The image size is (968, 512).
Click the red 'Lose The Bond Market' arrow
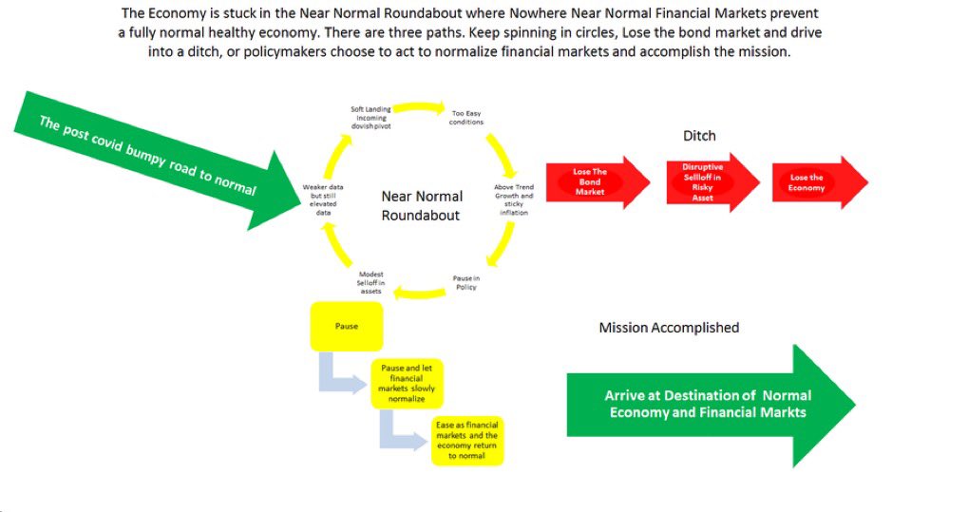coord(590,180)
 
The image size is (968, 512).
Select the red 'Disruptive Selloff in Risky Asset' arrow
coord(703,182)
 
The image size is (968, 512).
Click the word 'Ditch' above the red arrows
coord(699,136)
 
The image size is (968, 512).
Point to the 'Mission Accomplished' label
coord(669,328)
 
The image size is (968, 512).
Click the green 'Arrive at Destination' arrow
coord(709,404)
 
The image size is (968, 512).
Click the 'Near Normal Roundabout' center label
coord(421,205)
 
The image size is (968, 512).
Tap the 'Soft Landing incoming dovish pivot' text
coord(370,117)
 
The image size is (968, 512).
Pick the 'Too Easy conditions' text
coord(467,117)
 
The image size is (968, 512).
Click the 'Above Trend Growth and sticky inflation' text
coord(514,199)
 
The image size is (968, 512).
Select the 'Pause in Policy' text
coord(465,282)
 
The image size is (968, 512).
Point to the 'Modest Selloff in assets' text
coord(370,282)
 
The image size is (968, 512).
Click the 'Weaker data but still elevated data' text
coord(323,199)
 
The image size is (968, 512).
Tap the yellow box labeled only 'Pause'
coord(347,326)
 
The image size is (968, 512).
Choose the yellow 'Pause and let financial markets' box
coord(407,383)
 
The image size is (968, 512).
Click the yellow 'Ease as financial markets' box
coord(467,441)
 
